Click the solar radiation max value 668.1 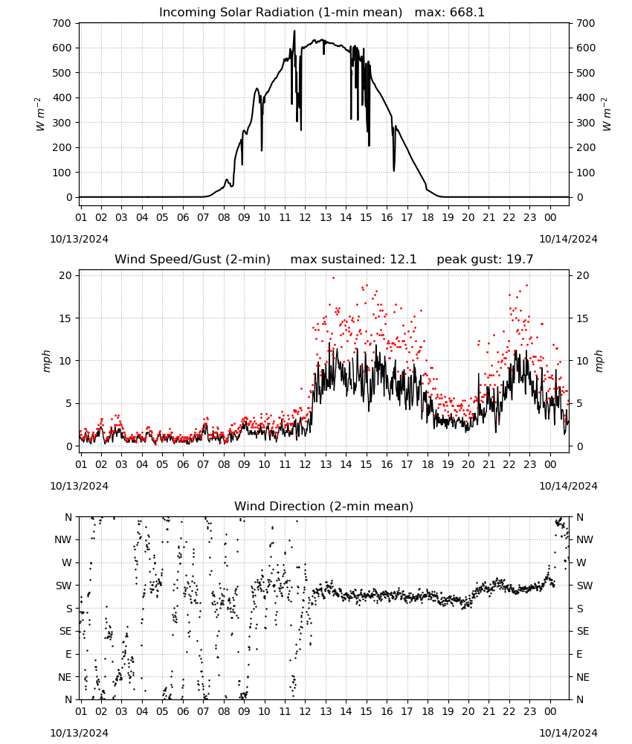(x=467, y=12)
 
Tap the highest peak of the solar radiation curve (x=294, y=31)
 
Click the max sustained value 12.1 (x=403, y=260)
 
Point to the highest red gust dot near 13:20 (x=333, y=278)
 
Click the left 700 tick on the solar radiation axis (x=62, y=23)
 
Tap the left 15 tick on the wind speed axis (x=65, y=318)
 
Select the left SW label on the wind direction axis (x=63, y=586)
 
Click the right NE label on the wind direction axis (x=583, y=677)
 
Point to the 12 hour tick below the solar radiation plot (x=305, y=217)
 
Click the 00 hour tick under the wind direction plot (x=550, y=711)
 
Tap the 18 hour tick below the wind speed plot (x=428, y=464)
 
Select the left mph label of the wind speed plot (x=46, y=361)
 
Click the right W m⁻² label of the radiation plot (x=607, y=115)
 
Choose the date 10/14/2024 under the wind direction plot (x=568, y=733)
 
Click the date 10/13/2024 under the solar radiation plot (x=79, y=239)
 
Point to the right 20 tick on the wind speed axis (x=583, y=276)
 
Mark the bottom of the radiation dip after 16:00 (x=394, y=171)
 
